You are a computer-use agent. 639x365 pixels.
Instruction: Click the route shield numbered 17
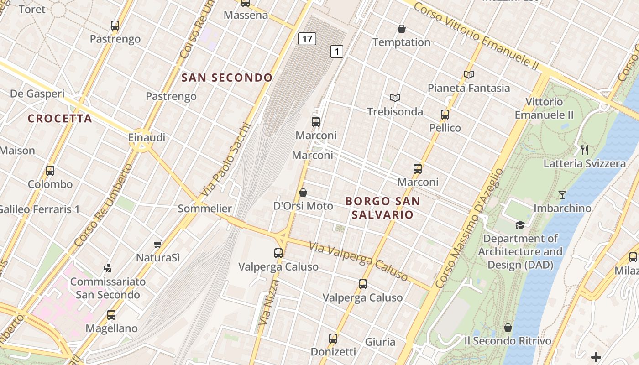point(307,39)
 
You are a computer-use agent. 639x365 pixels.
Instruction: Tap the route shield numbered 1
point(336,52)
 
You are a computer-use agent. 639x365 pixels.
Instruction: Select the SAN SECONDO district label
point(227,78)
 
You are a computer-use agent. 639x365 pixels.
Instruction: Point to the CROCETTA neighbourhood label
point(60,119)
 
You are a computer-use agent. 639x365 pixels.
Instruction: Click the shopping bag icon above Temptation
point(402,29)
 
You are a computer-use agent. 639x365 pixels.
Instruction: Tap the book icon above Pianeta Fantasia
point(468,74)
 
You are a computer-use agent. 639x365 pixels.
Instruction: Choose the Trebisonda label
point(395,111)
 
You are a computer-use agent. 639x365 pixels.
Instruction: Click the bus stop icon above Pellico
point(445,115)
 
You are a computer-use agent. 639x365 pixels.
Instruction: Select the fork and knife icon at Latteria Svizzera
point(584,150)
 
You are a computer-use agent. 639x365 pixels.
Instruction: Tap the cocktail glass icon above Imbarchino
point(562,195)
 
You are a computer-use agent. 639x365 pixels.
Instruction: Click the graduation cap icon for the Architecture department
point(520,225)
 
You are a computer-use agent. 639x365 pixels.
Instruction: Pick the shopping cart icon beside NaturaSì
point(158,245)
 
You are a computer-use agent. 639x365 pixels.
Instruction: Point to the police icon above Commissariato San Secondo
point(108,268)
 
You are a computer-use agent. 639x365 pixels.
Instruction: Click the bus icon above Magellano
point(111,314)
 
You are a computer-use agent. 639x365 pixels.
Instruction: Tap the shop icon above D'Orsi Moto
point(303,193)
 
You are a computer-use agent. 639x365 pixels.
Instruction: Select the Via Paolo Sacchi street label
point(226,160)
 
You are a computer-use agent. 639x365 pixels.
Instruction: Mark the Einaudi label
point(147,137)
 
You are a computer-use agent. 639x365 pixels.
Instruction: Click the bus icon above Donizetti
point(333,339)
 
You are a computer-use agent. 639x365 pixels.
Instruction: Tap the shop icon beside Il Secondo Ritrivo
point(508,328)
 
